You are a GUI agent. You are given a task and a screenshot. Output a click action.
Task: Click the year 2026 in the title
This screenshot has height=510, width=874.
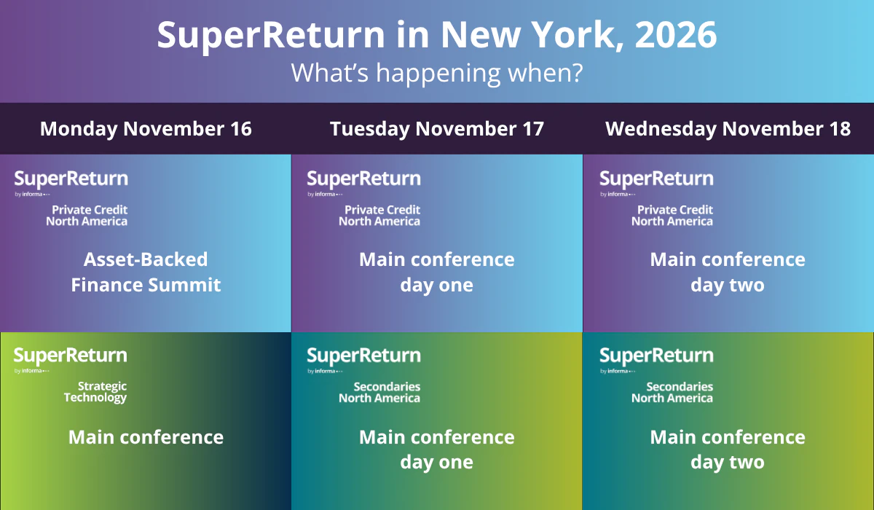pyautogui.click(x=676, y=35)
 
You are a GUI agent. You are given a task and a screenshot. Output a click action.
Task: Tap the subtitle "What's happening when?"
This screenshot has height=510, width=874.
pyautogui.click(x=436, y=73)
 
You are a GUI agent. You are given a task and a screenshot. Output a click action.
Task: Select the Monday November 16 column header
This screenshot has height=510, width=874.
pyautogui.click(x=146, y=129)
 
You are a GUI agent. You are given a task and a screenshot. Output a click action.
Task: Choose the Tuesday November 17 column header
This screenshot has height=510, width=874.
pyautogui.click(x=436, y=129)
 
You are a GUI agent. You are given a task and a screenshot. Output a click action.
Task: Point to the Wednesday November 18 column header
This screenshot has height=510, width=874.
pyautogui.click(x=728, y=129)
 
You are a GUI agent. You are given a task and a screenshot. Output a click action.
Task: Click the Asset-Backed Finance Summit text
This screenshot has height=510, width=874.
pyautogui.click(x=146, y=272)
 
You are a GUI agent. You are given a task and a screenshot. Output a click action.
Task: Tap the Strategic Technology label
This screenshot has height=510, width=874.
pyautogui.click(x=95, y=392)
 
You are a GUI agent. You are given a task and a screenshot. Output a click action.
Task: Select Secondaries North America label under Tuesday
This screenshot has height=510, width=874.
pyautogui.click(x=379, y=392)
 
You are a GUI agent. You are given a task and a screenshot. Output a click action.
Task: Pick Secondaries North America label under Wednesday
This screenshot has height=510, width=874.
pyautogui.click(x=672, y=392)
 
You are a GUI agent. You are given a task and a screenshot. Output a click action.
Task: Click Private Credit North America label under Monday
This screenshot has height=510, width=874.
pyautogui.click(x=87, y=216)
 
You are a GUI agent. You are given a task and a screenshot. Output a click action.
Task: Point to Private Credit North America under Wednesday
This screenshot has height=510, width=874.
pyautogui.click(x=672, y=216)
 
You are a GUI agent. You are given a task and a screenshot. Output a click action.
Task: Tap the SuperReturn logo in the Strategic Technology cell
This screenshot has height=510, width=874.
pyautogui.click(x=70, y=356)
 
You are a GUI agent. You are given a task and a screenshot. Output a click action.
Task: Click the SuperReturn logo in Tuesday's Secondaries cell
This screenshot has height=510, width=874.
pyautogui.click(x=363, y=356)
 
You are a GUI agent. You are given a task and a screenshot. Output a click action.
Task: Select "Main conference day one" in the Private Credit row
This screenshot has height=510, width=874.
pyautogui.click(x=436, y=272)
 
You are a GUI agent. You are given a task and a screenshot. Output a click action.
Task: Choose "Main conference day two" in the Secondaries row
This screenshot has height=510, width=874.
pyautogui.click(x=728, y=450)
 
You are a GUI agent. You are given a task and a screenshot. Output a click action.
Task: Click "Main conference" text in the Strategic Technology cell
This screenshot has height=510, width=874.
pyautogui.click(x=146, y=437)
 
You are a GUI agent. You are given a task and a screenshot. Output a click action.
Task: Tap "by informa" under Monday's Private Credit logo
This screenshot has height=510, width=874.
pyautogui.click(x=32, y=195)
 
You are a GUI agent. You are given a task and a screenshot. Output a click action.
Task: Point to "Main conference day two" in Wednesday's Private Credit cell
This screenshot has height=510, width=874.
pyautogui.click(x=728, y=272)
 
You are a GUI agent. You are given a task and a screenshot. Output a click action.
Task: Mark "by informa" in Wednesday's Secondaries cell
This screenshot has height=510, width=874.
pyautogui.click(x=618, y=371)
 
